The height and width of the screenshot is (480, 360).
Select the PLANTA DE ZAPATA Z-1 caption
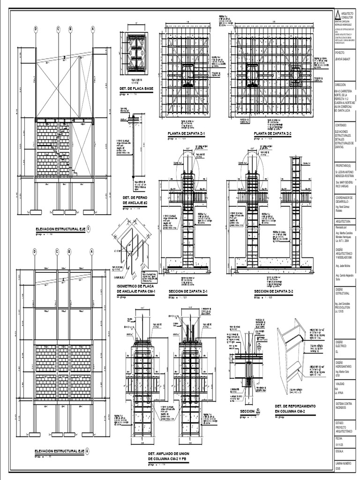coord(187,134)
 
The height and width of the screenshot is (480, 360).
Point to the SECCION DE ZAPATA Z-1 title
coord(187,291)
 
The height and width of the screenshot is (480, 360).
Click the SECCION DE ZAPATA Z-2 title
coord(273,291)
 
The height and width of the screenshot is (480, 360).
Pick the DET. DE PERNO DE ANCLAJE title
coord(135,201)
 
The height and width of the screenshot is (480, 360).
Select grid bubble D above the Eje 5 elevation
coord(36,29)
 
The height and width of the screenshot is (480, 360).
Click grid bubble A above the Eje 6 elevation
coord(92,252)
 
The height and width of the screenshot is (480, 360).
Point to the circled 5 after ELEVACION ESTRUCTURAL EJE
coord(90,229)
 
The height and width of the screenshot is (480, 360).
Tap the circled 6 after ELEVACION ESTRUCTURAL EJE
coord(88,451)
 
